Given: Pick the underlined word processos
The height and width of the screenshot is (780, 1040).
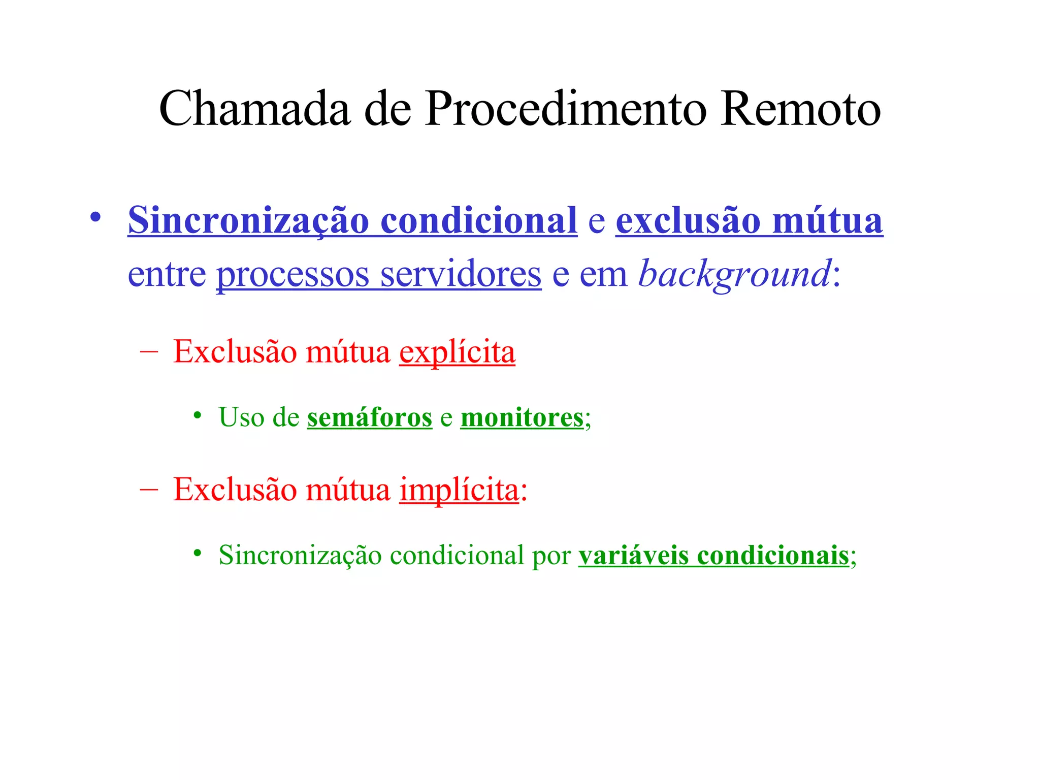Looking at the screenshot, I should point(292,275).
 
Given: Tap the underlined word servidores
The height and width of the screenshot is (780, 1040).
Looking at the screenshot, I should point(461,275).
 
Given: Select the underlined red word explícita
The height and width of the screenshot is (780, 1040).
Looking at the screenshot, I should point(457,352).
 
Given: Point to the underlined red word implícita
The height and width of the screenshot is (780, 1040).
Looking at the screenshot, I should point(459,490).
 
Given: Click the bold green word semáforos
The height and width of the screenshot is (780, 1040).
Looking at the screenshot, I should point(369,418).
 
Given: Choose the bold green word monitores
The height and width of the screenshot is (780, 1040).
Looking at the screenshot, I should point(522,418).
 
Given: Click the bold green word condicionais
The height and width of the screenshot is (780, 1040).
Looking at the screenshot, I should point(773,555).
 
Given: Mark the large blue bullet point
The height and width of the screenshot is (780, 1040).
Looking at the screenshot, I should point(95,217).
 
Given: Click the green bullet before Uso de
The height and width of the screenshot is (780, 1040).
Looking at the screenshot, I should point(198,416).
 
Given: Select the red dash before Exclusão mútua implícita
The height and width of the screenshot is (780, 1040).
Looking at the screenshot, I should point(148,489).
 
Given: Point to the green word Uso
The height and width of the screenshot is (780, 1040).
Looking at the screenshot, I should point(241,418).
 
